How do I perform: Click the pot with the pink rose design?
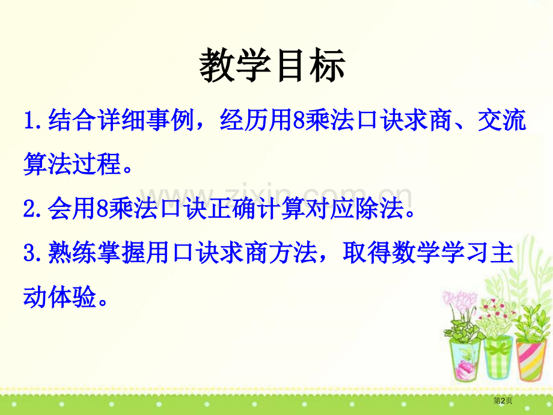[x=465, y=360]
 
